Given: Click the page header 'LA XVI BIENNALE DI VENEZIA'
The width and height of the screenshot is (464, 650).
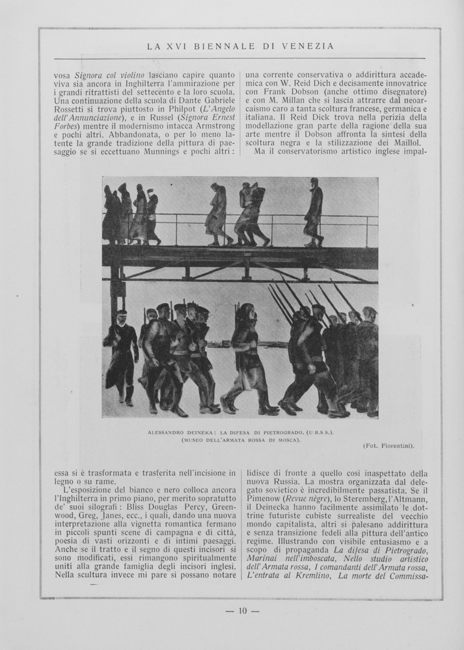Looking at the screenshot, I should (240, 46).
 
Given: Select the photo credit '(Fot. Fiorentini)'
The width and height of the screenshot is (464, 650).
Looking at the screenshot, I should (389, 445).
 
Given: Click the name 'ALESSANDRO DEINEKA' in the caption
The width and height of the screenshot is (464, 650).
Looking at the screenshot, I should (172, 432).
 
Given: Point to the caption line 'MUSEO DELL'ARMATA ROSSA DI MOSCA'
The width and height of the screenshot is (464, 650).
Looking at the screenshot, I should (240, 439).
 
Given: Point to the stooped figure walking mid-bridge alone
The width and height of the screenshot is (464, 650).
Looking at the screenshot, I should (217, 213).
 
